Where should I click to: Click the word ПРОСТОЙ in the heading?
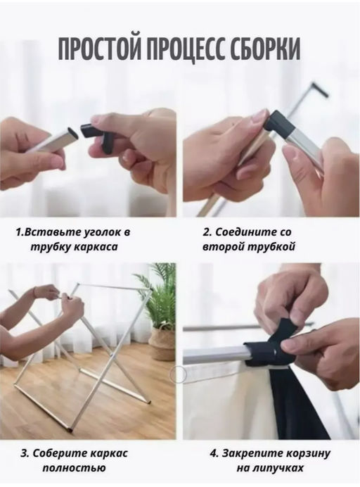98,49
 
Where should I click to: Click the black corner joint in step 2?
278,123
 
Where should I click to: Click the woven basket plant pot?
162,344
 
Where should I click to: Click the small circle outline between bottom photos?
178,374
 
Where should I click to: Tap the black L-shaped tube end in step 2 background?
321,89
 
